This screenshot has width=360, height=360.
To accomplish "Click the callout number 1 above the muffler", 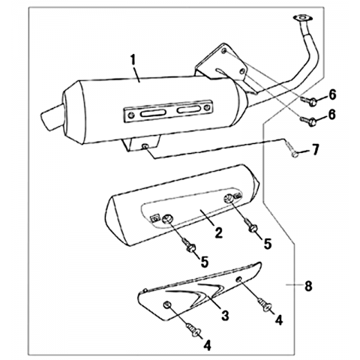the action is click(x=133, y=60).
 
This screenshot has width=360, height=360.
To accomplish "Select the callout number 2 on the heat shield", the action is click(x=218, y=233).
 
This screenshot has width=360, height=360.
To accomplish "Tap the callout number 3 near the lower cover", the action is click(x=225, y=315).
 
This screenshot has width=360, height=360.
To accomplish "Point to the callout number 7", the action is click(x=315, y=150).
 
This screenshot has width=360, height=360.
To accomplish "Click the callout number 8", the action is click(x=308, y=286).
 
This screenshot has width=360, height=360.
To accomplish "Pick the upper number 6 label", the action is click(x=332, y=94).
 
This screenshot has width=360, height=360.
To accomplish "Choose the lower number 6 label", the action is click(x=332, y=115).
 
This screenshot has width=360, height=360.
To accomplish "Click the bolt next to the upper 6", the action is click(x=309, y=101).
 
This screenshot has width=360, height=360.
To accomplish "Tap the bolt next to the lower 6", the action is click(x=309, y=121).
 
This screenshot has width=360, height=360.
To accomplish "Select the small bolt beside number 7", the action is click(x=292, y=149).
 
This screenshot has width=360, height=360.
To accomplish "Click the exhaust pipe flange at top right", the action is click(x=302, y=19).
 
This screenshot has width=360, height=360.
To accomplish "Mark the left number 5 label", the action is click(x=205, y=262).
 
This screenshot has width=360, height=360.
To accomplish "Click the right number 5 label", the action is click(x=268, y=244).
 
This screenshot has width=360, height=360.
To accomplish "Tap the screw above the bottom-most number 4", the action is click(x=193, y=329).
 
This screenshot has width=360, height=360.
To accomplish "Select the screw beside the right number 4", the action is click(x=265, y=304).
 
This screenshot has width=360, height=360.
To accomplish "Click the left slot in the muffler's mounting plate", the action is click(x=152, y=113).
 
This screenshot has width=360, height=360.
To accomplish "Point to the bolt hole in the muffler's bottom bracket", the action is click(x=144, y=146).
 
